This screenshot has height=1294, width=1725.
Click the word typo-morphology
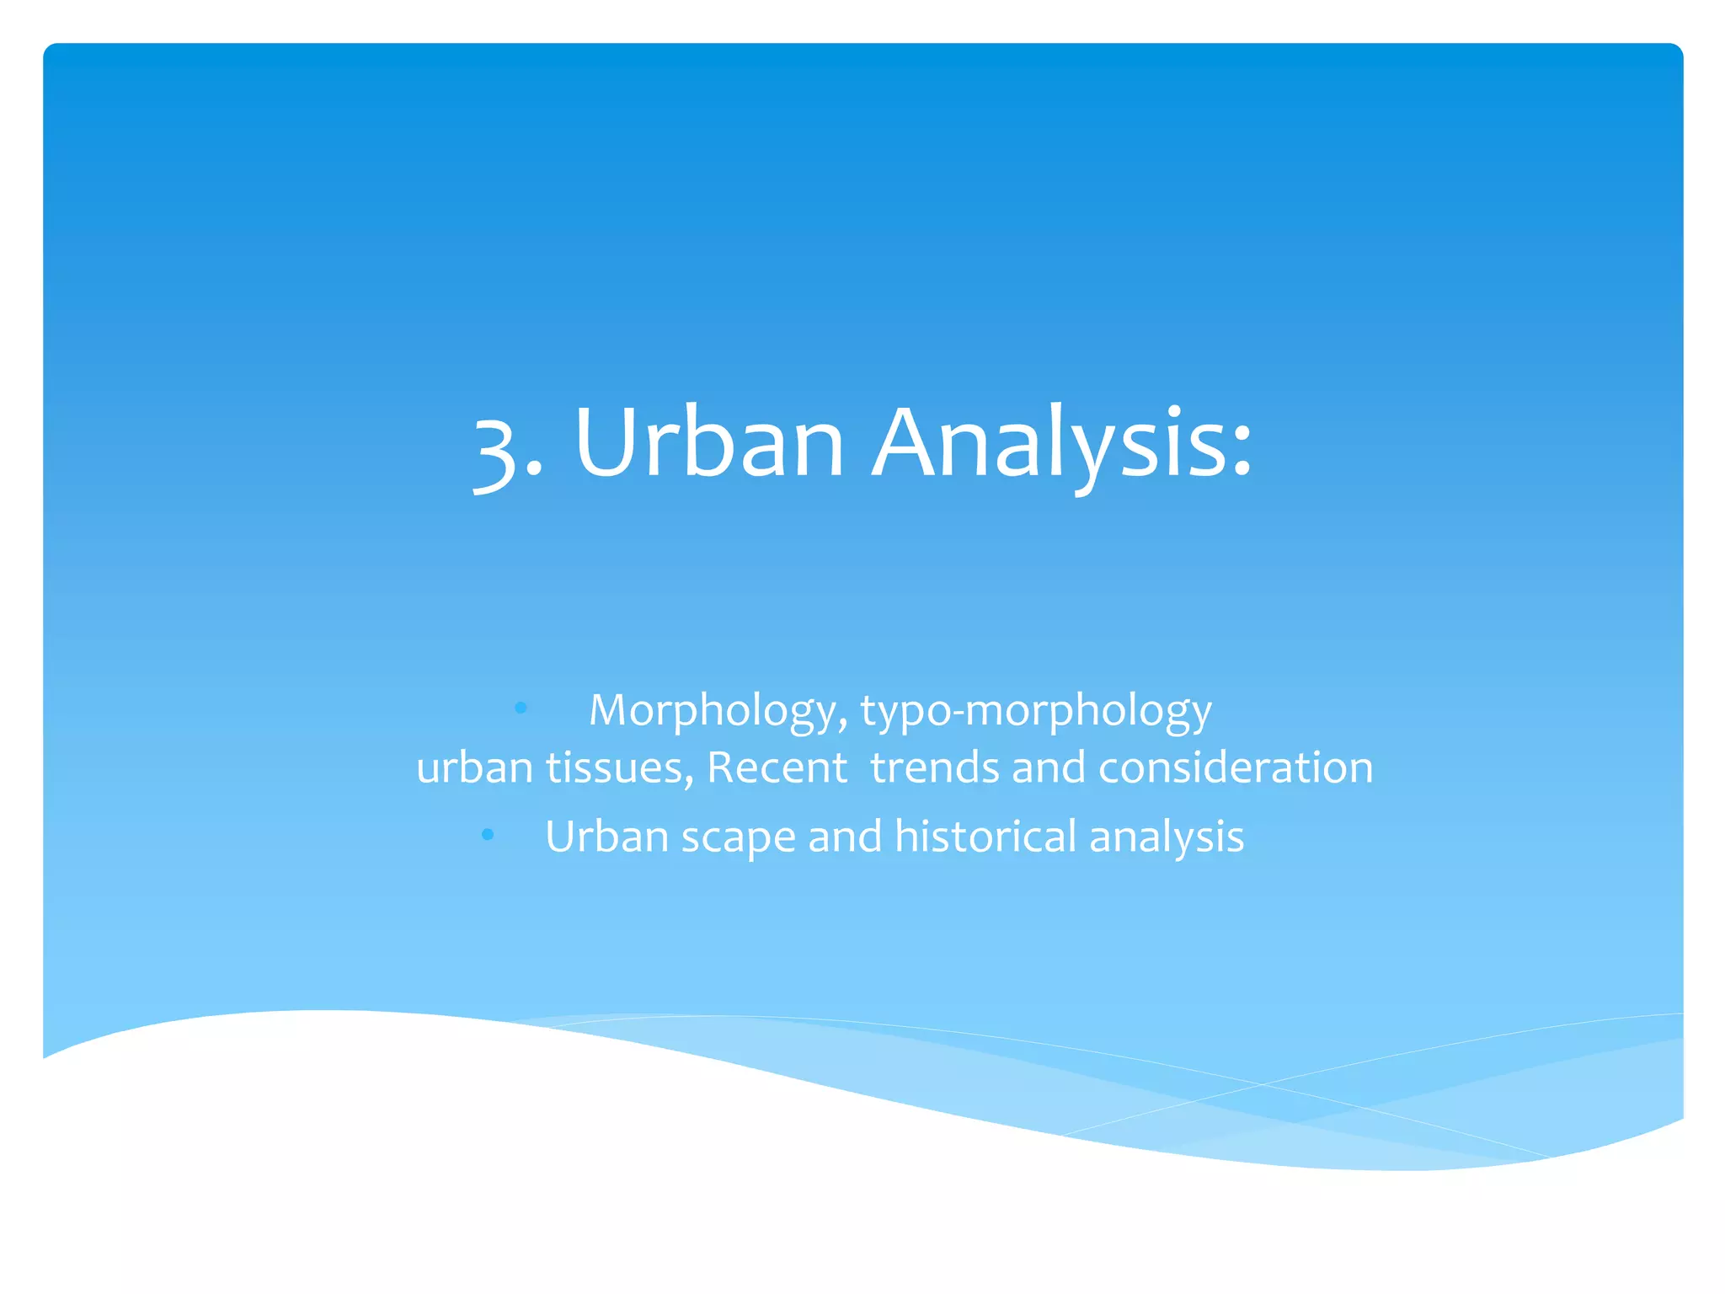(x=1036, y=711)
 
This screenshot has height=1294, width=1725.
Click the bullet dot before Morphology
(x=521, y=708)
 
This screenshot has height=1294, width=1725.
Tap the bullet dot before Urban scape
(x=488, y=835)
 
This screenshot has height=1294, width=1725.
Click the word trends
(x=934, y=767)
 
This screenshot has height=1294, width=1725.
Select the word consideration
(x=1236, y=767)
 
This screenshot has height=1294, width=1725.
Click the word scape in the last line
(x=738, y=837)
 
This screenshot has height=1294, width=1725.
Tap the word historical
(x=985, y=836)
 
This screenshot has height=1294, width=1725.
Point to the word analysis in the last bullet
(x=1167, y=837)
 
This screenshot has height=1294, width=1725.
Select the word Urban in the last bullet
(x=606, y=836)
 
